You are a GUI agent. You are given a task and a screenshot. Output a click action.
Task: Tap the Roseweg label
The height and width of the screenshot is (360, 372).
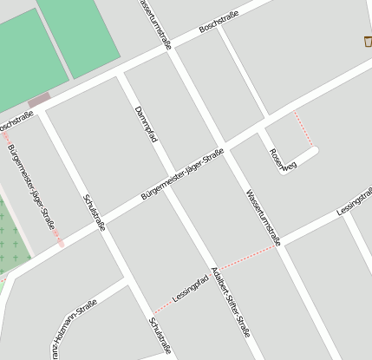(282, 160)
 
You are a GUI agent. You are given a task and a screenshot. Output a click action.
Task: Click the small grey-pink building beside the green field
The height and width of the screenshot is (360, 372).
(39, 101)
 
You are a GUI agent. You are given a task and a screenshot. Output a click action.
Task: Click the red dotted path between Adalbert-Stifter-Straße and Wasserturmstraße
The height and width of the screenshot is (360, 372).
(246, 258)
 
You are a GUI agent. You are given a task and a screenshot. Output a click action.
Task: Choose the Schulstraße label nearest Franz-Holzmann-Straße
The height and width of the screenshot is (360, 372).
(160, 336)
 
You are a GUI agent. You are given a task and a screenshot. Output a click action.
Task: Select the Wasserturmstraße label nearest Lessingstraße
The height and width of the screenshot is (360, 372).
(263, 217)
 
